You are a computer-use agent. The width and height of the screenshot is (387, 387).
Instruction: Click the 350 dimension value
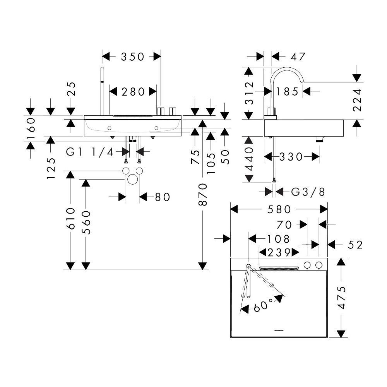coord(132,57)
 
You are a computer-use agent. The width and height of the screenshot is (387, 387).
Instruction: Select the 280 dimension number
coord(133,92)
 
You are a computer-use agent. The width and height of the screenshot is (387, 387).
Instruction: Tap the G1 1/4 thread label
coord(90,152)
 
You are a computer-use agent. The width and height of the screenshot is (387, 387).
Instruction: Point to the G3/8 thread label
coord(308,192)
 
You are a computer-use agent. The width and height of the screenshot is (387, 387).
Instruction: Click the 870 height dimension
coord(203,195)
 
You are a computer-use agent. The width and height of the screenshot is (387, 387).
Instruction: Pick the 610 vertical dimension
coord(71,218)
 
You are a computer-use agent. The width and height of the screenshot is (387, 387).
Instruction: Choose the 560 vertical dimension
coord(86,223)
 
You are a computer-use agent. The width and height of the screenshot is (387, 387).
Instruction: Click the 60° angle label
coord(264,306)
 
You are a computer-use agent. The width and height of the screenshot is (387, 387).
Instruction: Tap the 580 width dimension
coord(279,209)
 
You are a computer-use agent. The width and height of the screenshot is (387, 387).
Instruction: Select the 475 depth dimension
coord(342,298)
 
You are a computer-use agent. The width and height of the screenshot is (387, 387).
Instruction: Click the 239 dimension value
coord(279,252)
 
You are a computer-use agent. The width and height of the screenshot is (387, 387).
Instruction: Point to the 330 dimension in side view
coord(291,157)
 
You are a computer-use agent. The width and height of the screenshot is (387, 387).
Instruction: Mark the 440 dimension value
coord(250,159)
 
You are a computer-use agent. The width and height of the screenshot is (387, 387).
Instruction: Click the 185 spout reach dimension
coord(287,92)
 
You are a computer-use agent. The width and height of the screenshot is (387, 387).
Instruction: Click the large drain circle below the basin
coord(132,179)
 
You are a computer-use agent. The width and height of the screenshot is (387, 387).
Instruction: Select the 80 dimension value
coord(163,197)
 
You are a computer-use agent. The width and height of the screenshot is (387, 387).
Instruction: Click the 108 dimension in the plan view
coord(278,239)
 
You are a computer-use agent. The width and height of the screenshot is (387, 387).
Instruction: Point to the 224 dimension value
coord(357,100)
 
